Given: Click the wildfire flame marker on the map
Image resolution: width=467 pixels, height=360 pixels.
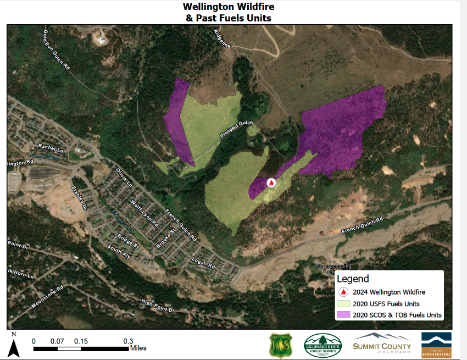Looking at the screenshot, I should [x=271, y=182].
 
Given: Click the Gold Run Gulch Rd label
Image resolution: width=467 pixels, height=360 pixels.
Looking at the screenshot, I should [x=57, y=49].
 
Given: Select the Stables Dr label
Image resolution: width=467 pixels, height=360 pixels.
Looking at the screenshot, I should [x=80, y=198].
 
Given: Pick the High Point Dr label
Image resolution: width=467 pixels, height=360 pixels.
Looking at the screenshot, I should [x=157, y=306].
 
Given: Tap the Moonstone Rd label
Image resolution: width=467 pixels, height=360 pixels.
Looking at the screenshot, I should [x=47, y=296].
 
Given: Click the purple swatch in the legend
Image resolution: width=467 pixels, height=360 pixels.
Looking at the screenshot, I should [x=344, y=315].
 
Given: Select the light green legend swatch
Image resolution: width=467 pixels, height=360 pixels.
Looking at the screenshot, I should [x=344, y=303].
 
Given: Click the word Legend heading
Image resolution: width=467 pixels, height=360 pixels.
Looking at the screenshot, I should [x=353, y=279].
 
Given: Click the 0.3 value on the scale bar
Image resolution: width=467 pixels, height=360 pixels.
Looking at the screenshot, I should [x=127, y=341].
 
